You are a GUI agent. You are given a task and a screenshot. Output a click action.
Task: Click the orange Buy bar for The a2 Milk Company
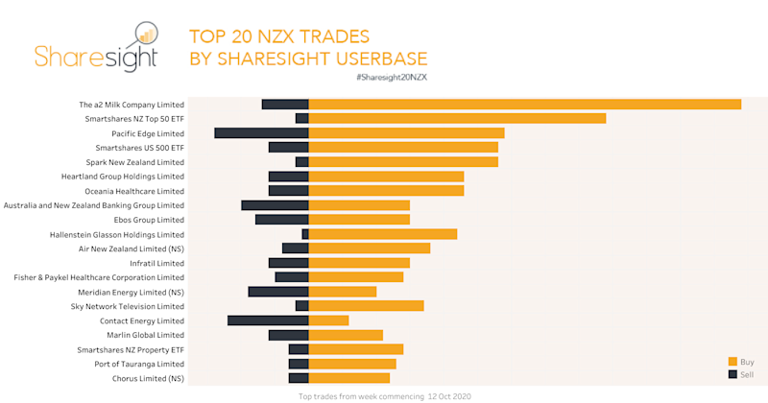524,104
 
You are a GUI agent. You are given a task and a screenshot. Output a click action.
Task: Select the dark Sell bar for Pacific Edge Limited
261,132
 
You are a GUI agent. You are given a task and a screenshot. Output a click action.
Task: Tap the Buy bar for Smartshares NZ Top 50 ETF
457,118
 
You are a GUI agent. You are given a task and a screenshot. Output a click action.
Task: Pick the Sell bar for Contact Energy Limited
268,320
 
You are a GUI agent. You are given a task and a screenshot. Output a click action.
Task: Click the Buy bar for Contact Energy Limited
328,320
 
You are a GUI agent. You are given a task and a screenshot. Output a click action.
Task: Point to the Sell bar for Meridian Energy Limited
278,292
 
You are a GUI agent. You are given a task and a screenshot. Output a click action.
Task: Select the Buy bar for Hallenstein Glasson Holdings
382,234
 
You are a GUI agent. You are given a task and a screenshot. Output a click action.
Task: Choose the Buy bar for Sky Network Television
366,306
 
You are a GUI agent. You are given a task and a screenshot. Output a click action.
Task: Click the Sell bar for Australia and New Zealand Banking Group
275,205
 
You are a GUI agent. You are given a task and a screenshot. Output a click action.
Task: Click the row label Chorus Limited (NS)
148,379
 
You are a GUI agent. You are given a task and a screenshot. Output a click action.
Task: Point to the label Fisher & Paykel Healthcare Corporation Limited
99,277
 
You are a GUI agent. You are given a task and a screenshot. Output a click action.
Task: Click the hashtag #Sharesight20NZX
391,76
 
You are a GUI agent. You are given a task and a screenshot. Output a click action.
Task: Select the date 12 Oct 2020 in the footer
448,396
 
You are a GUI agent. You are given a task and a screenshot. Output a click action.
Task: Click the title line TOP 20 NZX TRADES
279,36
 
